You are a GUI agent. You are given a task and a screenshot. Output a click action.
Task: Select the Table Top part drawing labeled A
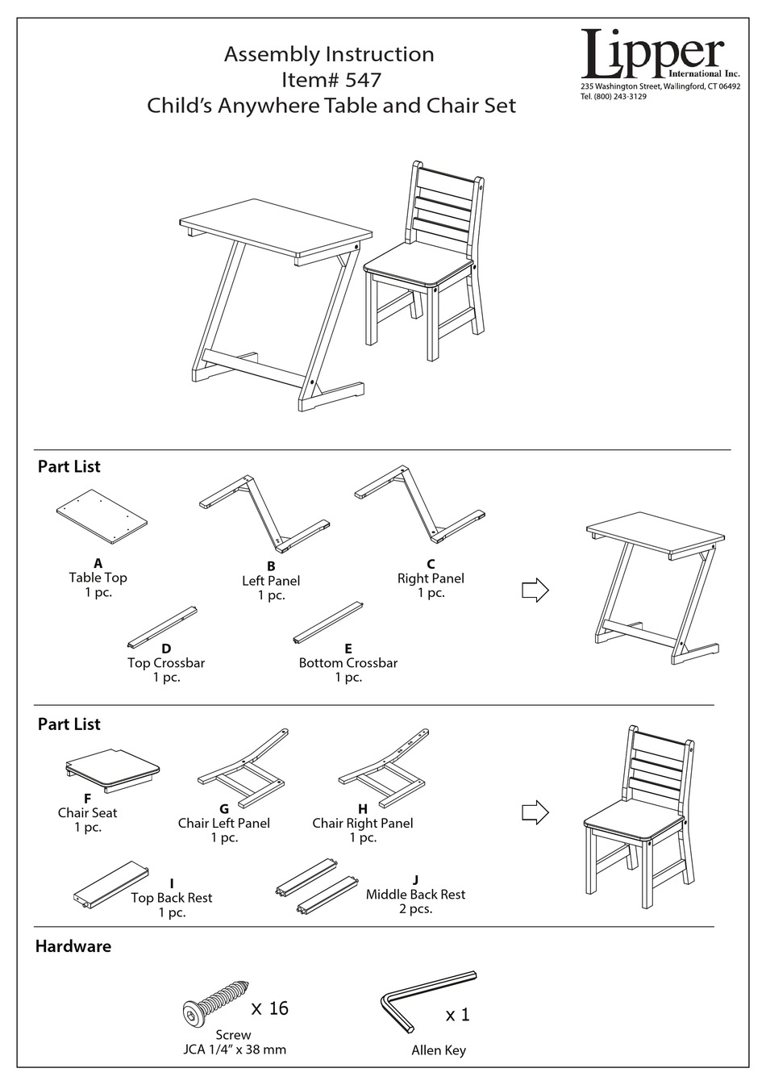[x=102, y=517]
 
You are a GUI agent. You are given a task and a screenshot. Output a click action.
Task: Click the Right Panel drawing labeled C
[x=420, y=505]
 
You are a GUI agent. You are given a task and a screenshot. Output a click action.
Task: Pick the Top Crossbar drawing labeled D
[x=162, y=627]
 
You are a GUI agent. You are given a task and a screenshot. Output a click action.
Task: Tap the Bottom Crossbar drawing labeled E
[x=328, y=622]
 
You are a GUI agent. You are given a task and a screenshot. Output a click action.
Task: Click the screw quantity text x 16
[x=269, y=1008]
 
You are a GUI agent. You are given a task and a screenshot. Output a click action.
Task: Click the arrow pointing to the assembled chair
[x=535, y=812]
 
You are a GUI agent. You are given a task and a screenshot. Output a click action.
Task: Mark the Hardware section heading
[x=73, y=946]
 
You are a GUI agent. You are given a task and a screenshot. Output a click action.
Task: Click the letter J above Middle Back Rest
[x=414, y=880]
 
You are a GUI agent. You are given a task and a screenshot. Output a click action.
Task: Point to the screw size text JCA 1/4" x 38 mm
[x=233, y=1050]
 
